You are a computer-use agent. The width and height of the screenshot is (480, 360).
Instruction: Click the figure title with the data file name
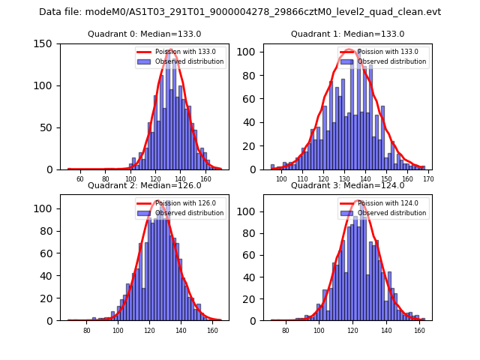pos(240,12)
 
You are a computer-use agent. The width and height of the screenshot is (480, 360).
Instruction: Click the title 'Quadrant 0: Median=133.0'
pos(141,34)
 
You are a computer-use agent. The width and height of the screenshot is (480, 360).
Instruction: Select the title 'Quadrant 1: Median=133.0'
pos(347,34)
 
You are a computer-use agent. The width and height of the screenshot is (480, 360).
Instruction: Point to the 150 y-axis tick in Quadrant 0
pos(45,43)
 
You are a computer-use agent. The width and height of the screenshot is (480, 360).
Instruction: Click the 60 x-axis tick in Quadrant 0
pos(80,179)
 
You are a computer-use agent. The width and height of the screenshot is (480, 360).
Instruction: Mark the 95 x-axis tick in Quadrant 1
pos(271,179)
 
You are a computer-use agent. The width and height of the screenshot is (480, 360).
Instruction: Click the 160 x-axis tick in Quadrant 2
pos(212,331)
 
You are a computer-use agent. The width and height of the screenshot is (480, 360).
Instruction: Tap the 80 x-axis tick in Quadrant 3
pos(285,331)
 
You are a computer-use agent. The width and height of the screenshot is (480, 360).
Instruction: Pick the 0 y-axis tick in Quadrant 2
pos(50,320)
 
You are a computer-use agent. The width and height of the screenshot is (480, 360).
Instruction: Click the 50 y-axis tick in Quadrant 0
pos(47,127)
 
